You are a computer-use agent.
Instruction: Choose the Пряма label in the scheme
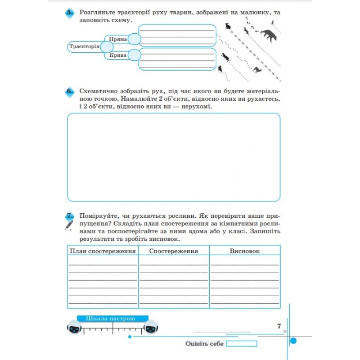(118, 40)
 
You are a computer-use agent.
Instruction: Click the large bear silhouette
(269, 35)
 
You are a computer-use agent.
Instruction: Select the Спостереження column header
(173, 251)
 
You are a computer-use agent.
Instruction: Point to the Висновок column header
(244, 251)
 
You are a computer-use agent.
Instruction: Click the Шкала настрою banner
(112, 319)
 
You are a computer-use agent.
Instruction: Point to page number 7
(279, 326)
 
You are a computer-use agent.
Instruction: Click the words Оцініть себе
(204, 344)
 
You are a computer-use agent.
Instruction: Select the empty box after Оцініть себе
(242, 344)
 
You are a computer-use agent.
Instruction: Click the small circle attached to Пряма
(134, 40)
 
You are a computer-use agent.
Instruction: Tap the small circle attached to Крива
(134, 55)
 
